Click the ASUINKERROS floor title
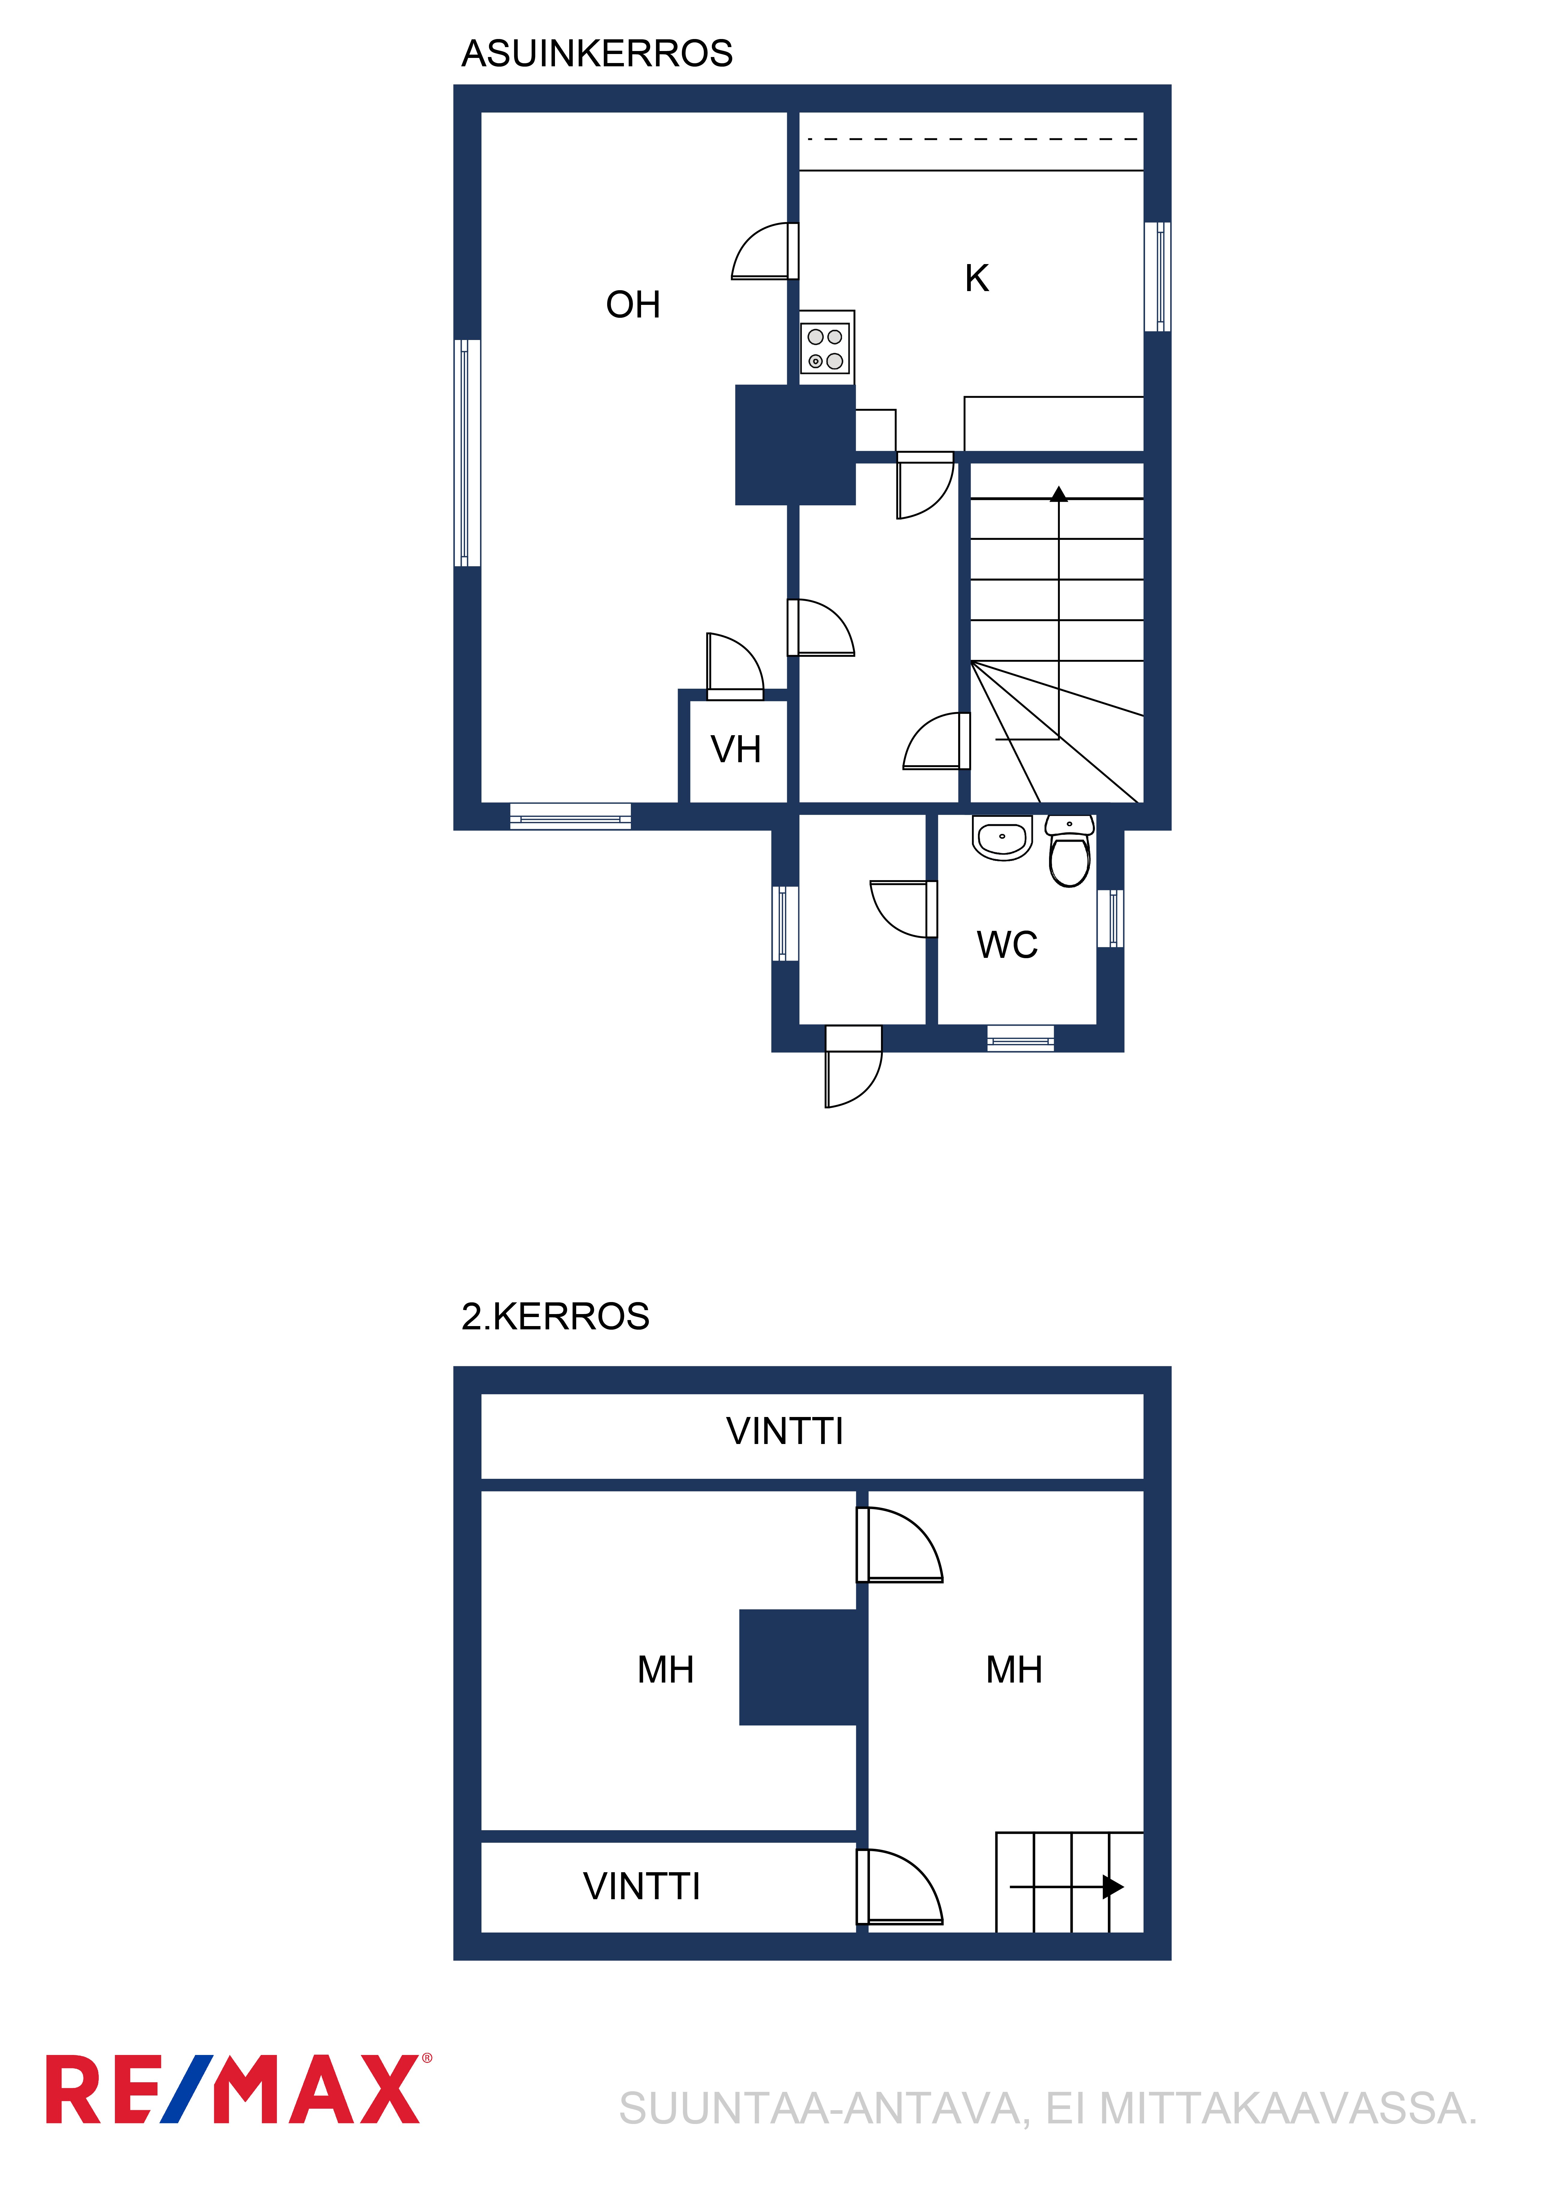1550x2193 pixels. [x=597, y=53]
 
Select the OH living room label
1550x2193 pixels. [x=633, y=305]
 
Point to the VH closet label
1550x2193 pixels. [x=735, y=750]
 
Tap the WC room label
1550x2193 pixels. [x=1007, y=945]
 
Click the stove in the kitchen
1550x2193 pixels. [x=826, y=348]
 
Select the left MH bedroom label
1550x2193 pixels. [x=666, y=1670]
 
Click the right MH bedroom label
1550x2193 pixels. [x=1014, y=1670]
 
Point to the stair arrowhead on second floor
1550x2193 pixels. [x=1114, y=1886]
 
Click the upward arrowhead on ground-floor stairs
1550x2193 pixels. [x=1059, y=494]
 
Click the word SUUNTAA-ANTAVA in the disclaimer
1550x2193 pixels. [x=824, y=2109]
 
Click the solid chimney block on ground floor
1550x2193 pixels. [x=795, y=445]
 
